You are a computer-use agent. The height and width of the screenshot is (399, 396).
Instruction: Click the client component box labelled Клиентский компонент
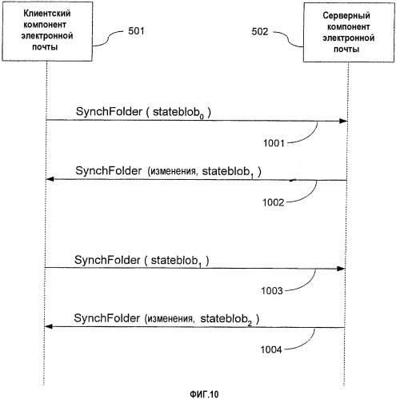(x=47, y=31)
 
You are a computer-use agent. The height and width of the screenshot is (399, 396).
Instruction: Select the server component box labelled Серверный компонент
(x=349, y=33)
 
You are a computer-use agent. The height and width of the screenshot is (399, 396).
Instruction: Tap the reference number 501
(x=136, y=31)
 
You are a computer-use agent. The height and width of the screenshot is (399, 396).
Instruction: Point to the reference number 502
(x=259, y=32)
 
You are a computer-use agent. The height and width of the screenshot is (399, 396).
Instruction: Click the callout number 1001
(x=274, y=143)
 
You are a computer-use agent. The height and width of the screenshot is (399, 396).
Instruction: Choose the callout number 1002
(x=274, y=202)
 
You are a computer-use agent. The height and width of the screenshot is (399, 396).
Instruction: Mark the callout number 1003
(x=272, y=291)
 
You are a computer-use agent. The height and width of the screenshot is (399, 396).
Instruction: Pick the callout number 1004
(x=271, y=349)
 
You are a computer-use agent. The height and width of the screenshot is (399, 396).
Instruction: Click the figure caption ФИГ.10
(x=204, y=394)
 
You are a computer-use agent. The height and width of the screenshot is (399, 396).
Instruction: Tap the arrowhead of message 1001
(x=343, y=121)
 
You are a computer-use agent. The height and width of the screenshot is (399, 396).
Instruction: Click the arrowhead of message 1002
(x=50, y=179)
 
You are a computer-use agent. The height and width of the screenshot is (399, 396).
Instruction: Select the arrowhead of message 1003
(x=341, y=269)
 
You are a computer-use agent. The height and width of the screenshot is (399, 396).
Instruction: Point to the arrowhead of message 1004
(x=48, y=326)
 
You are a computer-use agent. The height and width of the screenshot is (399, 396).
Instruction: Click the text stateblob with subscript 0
(x=178, y=113)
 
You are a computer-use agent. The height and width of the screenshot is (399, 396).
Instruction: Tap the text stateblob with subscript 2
(x=226, y=319)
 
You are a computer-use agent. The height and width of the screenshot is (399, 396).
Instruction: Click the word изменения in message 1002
(x=174, y=171)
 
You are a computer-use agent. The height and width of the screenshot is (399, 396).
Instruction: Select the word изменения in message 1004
(x=170, y=319)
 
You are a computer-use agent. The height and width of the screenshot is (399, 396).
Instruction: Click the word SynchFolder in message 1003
(x=107, y=260)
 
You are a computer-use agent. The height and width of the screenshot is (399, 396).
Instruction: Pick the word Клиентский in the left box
(x=47, y=14)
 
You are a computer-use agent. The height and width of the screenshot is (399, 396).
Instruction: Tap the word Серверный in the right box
(x=346, y=15)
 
